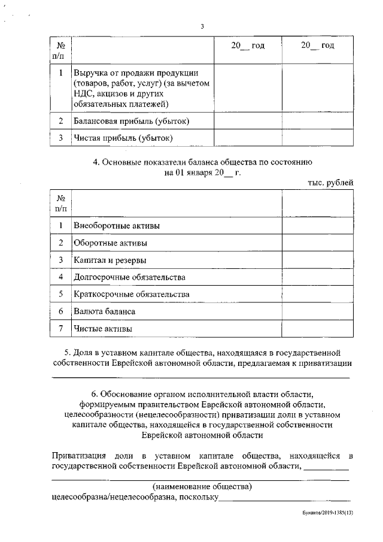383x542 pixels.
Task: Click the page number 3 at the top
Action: tap(202, 26)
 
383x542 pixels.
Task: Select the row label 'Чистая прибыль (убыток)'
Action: tap(123, 139)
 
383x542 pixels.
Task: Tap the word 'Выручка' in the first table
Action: tap(90, 73)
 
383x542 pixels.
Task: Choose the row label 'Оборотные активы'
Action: tap(110, 243)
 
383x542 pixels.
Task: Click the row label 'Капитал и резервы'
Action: tap(110, 261)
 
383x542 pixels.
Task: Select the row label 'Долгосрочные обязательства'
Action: tap(129, 277)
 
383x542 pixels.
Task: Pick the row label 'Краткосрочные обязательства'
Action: tap(132, 295)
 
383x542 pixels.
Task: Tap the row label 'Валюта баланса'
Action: tap(104, 312)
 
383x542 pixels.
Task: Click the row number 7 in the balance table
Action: tap(60, 329)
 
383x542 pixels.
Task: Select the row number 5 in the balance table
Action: tap(60, 295)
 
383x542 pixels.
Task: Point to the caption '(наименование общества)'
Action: tap(202, 485)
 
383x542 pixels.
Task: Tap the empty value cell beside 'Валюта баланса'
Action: tap(317, 312)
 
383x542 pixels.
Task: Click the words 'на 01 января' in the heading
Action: tap(189, 172)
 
